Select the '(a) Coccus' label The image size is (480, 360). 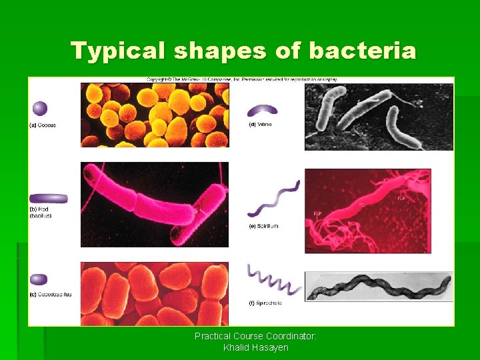point(43,125)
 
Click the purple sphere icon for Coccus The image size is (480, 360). point(40,108)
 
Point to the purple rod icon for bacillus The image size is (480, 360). point(49,198)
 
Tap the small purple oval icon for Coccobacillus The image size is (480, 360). point(39,279)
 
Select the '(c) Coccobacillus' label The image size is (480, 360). point(51,294)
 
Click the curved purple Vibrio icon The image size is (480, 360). point(263,110)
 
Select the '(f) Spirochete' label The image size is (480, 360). point(265,303)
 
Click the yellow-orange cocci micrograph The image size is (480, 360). point(154,115)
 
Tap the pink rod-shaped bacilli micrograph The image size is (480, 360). point(154,204)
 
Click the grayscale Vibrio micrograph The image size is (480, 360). point(379,116)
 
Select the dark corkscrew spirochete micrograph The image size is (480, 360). point(379,287)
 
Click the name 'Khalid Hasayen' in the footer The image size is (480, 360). point(255,347)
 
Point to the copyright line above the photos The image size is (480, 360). point(242,79)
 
